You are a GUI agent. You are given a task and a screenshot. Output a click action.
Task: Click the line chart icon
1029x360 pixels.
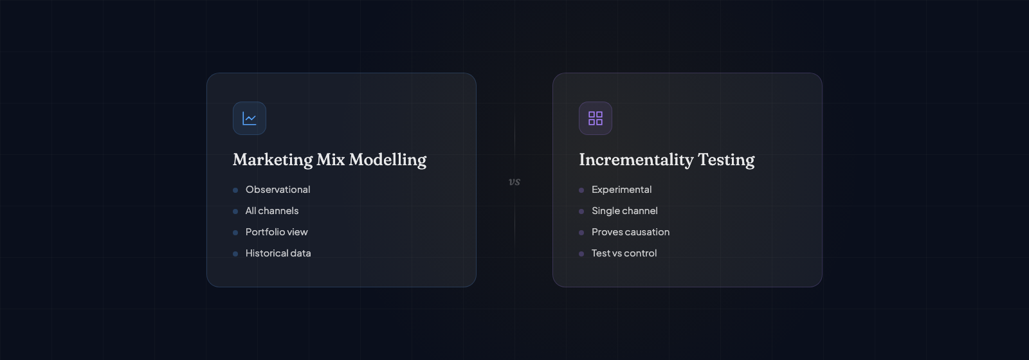tap(250, 118)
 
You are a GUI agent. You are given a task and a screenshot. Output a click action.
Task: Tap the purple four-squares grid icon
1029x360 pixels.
tap(596, 118)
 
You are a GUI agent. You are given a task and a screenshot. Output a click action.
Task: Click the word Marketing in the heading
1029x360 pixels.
tap(273, 160)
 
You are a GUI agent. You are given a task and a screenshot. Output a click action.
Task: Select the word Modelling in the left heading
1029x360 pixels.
tap(388, 160)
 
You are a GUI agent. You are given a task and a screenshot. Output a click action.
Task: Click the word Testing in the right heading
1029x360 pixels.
tap(726, 160)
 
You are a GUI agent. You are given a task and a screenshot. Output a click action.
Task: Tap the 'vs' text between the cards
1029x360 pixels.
tap(514, 182)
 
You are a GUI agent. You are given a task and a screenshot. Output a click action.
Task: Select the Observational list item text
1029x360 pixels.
tap(278, 190)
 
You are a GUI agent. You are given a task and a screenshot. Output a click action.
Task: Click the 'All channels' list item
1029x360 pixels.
tap(272, 211)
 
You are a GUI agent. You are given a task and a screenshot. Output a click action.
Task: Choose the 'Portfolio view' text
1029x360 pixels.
tap(277, 232)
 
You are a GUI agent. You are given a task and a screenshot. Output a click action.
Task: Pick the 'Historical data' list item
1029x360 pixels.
tap(278, 253)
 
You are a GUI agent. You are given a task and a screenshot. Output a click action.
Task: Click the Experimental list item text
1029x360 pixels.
tap(621, 190)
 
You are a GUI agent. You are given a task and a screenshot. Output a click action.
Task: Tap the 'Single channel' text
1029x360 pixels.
tap(624, 211)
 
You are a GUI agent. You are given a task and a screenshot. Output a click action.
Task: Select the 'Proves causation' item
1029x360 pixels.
tap(630, 232)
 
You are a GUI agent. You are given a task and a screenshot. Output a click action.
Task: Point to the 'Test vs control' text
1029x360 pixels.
tap(624, 253)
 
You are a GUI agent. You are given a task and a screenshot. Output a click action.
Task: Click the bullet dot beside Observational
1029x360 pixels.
tap(235, 190)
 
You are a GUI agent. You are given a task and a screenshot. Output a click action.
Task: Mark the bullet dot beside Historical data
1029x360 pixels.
tap(235, 254)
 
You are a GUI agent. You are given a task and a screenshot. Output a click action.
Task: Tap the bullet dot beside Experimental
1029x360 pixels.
tap(581, 190)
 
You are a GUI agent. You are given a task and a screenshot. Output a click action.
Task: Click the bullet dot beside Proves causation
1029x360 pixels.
tap(581, 233)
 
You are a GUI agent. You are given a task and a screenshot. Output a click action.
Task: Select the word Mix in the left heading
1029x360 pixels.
tap(331, 160)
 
